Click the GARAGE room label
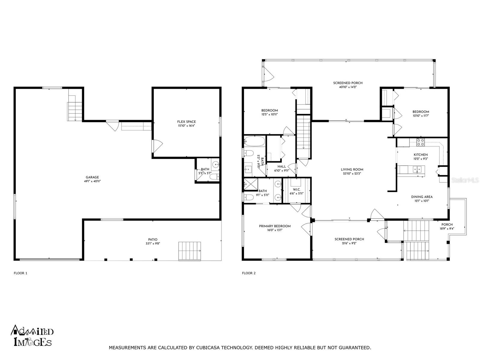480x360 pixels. click(x=92, y=177)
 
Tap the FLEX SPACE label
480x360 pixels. click(x=186, y=122)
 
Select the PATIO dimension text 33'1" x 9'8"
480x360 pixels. click(x=153, y=244)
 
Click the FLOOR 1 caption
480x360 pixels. click(x=21, y=273)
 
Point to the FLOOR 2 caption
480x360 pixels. click(x=249, y=273)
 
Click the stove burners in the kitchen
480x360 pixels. click(x=420, y=142)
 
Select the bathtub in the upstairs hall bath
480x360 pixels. click(x=254, y=141)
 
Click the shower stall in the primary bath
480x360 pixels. click(x=251, y=185)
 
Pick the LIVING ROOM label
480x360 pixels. click(x=352, y=169)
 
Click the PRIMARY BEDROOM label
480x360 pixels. click(x=275, y=226)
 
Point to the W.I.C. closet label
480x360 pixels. click(x=296, y=190)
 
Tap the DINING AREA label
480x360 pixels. click(x=422, y=197)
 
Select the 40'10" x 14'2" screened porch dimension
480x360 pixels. click(x=348, y=87)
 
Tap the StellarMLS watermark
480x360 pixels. click(x=465, y=180)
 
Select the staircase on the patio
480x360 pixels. click(x=190, y=251)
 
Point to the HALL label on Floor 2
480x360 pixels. click(x=282, y=166)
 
